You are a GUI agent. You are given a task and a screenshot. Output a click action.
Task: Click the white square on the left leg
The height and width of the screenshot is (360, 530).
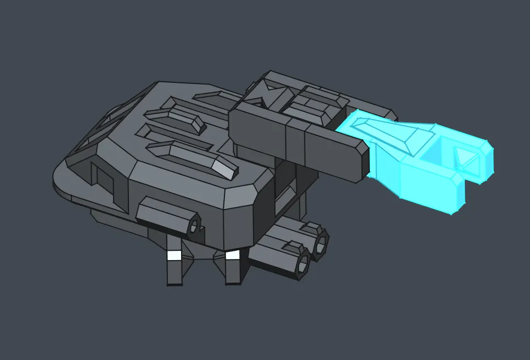coord(174,256)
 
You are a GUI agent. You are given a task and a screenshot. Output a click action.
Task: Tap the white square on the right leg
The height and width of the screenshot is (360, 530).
coord(232,255)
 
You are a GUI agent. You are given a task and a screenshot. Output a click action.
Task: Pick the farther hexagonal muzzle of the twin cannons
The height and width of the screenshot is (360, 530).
coord(320,243)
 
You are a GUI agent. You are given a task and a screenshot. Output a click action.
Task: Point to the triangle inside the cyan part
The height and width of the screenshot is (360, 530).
coord(466,158)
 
